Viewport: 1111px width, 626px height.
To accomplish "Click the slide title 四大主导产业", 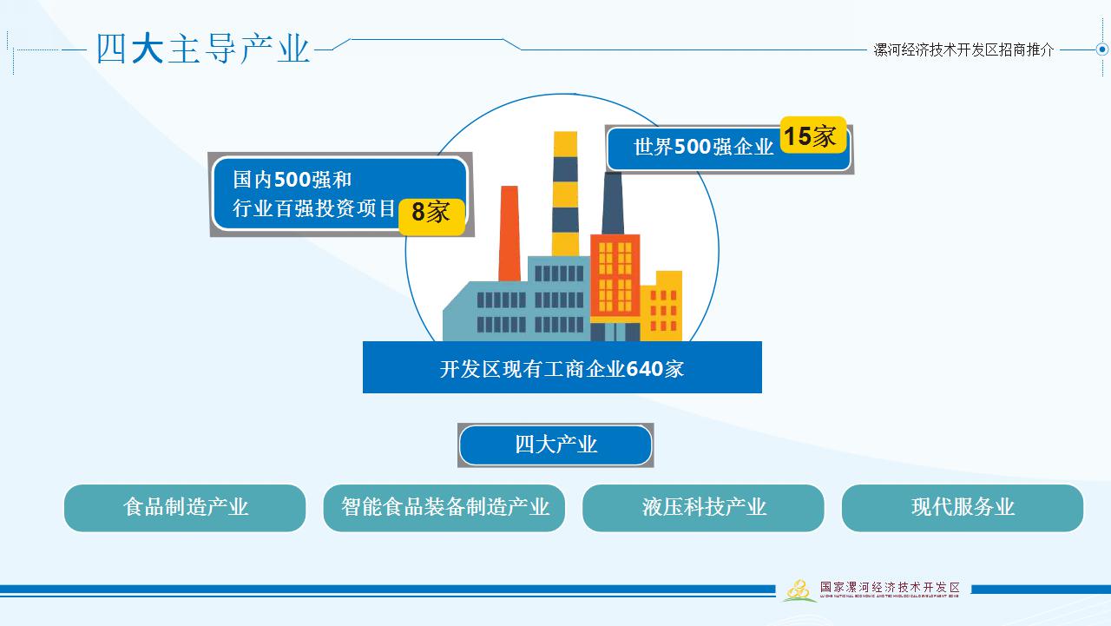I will pos(203,49).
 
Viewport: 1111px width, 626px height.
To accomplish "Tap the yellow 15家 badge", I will pos(812,135).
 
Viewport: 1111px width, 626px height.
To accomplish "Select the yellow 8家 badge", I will pos(431,214).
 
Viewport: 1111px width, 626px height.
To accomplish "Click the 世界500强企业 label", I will pos(703,148).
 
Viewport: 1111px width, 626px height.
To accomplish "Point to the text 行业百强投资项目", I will pos(314,209).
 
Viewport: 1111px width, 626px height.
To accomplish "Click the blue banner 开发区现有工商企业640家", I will pos(562,368).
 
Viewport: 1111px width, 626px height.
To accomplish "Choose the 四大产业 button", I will pos(555,445).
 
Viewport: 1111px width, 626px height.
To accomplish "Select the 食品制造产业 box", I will pos(185,508).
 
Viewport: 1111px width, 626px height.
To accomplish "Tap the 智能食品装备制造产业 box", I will pos(444,508).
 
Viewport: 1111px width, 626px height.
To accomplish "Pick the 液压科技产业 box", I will pos(703,508).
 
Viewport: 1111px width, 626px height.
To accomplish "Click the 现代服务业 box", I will pos(963,508).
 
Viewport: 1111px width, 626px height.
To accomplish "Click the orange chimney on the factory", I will pos(509,233).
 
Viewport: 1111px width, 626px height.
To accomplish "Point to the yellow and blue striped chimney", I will pos(565,193).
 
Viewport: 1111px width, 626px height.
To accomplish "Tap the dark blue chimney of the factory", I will pos(613,205).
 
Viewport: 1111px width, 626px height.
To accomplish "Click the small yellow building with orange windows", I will pos(664,306).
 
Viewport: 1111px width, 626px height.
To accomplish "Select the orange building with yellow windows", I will pos(615,278).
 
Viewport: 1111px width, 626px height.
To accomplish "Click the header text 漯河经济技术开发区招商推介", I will pos(963,50).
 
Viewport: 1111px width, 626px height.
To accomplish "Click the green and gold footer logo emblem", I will pos(799,590).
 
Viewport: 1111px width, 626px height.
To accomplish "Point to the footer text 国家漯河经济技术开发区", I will pos(890,588).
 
